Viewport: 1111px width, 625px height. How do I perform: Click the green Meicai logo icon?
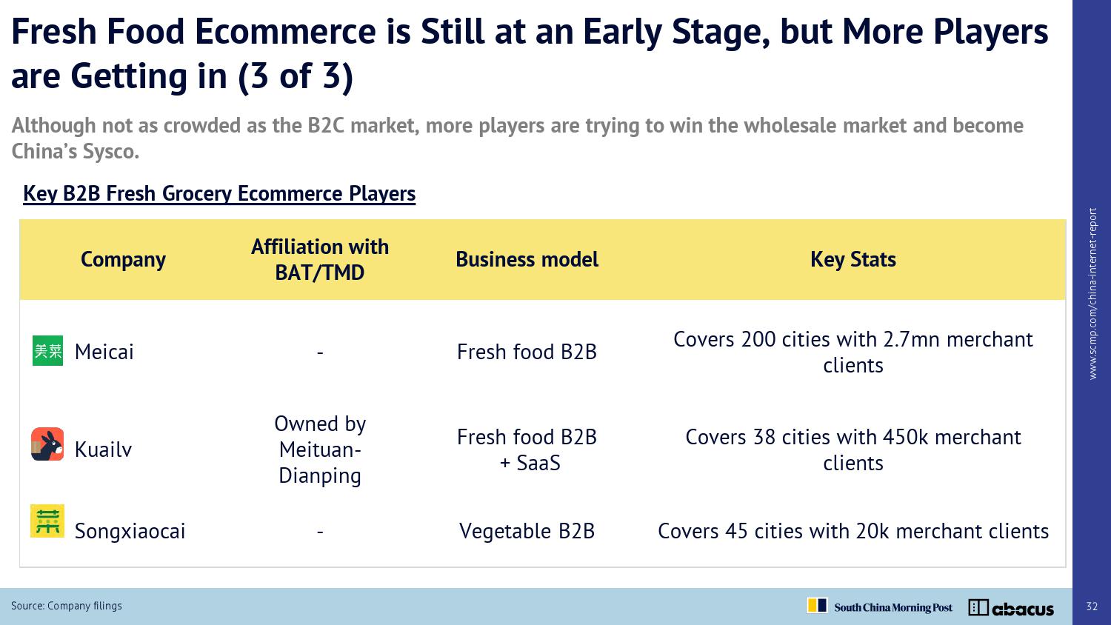coord(47,351)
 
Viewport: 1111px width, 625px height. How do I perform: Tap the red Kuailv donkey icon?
coord(47,444)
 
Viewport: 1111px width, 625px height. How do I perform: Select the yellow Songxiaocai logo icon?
coord(47,521)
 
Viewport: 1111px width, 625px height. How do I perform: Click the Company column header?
coord(123,259)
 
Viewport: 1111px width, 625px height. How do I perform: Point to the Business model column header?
coord(527,259)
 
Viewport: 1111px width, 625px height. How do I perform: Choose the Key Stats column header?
coord(853,259)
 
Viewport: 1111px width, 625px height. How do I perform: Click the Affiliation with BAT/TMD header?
coord(320,259)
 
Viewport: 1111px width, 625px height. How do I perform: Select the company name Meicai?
coord(104,352)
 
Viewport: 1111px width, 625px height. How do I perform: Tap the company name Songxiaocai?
coord(130,531)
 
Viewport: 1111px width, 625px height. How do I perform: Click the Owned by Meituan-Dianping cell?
coord(320,449)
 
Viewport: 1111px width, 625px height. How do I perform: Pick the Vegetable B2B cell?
coord(527,531)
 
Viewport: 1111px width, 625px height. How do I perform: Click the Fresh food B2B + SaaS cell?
coord(527,450)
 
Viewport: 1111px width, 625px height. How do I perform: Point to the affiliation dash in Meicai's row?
coord(320,352)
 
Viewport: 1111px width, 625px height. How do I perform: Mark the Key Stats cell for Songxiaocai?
coord(853,531)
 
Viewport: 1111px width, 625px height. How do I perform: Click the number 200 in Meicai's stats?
coord(758,339)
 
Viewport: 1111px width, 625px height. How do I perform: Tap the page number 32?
coord(1092,606)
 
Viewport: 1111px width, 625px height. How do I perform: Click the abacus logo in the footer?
coord(1011,608)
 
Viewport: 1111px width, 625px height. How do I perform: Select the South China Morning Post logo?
coord(879,606)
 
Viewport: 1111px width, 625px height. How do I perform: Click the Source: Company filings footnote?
coord(67,606)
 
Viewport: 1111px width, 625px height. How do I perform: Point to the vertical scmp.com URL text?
coord(1092,294)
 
